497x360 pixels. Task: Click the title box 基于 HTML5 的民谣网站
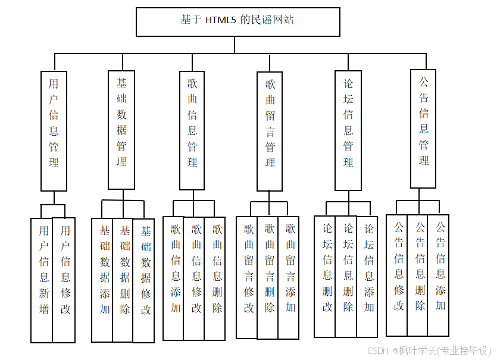[x=237, y=21]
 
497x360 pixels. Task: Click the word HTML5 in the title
[x=220, y=20]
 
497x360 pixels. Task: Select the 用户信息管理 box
[x=54, y=130]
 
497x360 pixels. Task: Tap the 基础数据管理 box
[x=121, y=129]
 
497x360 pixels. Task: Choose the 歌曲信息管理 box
[x=192, y=130]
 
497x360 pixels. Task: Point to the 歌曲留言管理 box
[x=270, y=131]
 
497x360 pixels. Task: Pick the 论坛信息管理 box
[x=348, y=130]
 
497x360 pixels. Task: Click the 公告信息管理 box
[x=423, y=129]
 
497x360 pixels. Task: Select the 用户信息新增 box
[x=42, y=280]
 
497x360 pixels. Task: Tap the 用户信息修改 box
[x=64, y=280]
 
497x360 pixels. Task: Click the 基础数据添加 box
[x=102, y=280]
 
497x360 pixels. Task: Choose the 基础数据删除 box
[x=123, y=280]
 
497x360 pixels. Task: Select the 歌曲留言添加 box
[x=289, y=277]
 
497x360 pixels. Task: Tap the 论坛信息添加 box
[x=368, y=277]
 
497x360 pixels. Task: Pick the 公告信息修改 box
[x=397, y=275]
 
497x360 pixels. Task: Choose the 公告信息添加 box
[x=439, y=275]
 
